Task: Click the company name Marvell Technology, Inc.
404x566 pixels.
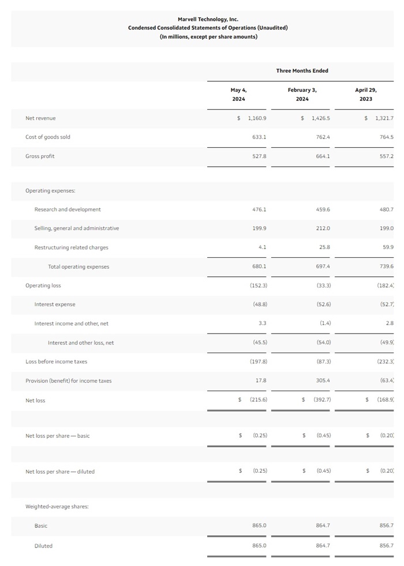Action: (x=208, y=19)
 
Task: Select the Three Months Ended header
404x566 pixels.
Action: (x=302, y=71)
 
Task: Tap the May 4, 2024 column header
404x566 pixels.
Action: (x=238, y=95)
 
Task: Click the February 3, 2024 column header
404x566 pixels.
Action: (x=302, y=95)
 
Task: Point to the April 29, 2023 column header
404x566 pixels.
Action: (x=366, y=95)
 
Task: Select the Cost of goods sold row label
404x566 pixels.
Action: (x=48, y=137)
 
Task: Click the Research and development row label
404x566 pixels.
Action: (x=68, y=209)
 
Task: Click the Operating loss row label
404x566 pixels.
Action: (x=43, y=286)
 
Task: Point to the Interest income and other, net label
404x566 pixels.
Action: (x=72, y=324)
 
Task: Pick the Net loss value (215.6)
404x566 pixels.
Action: (x=257, y=400)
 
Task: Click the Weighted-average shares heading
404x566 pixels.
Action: (x=57, y=507)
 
